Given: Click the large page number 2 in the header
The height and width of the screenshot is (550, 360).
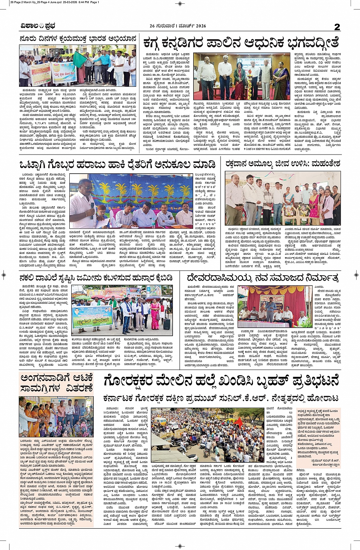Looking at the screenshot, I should pyautogui.click(x=337, y=27).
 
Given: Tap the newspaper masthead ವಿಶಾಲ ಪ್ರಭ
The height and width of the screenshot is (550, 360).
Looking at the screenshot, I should pyautogui.click(x=38, y=26).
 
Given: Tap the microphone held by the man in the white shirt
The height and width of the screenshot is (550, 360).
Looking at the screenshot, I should pyautogui.click(x=92, y=206).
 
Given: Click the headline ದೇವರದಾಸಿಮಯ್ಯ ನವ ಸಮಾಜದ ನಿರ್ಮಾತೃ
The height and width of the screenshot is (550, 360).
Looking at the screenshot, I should pyautogui.click(x=262, y=277).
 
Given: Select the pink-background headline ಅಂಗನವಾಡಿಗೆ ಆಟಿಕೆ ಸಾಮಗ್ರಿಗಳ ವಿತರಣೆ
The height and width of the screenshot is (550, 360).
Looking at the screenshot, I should pyautogui.click(x=56, y=383).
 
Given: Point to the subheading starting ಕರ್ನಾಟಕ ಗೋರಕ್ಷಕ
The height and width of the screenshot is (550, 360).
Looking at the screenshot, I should pyautogui.click(x=221, y=399).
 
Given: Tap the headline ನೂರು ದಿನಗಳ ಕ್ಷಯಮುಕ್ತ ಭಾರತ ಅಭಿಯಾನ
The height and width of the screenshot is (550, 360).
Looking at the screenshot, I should pyautogui.click(x=78, y=39).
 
